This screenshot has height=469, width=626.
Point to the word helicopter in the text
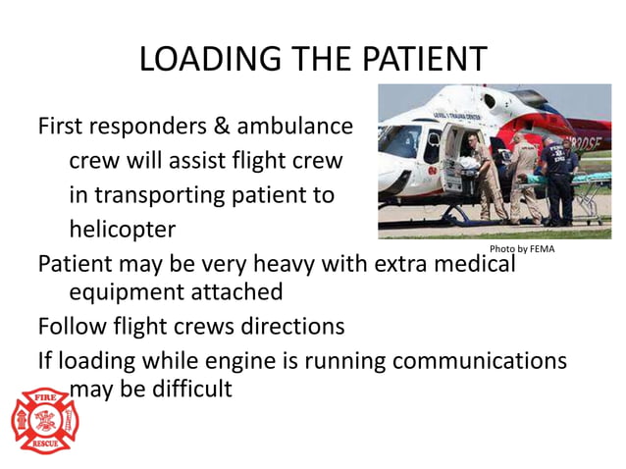122,231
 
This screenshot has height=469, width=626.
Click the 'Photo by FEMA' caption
521,249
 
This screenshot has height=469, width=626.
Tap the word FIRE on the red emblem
44,400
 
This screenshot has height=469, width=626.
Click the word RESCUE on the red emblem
44,444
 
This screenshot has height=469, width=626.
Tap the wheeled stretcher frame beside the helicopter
592,200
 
